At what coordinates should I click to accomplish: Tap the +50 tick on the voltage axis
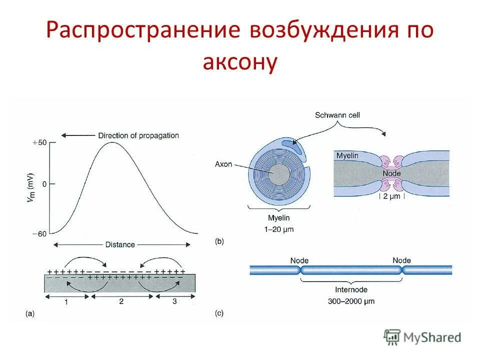tap(40, 142)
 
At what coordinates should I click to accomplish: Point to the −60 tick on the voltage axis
tap(40, 233)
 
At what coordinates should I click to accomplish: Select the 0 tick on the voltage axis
tap(44, 184)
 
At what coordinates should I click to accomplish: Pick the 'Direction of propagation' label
tap(138, 135)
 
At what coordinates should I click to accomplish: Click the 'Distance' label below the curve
tap(120, 244)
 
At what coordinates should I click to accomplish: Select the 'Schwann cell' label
tap(337, 115)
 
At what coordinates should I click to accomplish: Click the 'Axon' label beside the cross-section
tap(223, 164)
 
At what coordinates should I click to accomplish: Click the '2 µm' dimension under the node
tap(392, 196)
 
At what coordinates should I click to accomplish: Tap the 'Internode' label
tap(351, 289)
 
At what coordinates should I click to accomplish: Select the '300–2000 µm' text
tap(351, 301)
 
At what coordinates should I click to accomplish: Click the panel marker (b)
tap(219, 241)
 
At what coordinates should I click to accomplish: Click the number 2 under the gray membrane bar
tap(121, 301)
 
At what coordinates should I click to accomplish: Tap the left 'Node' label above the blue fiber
tap(299, 260)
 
